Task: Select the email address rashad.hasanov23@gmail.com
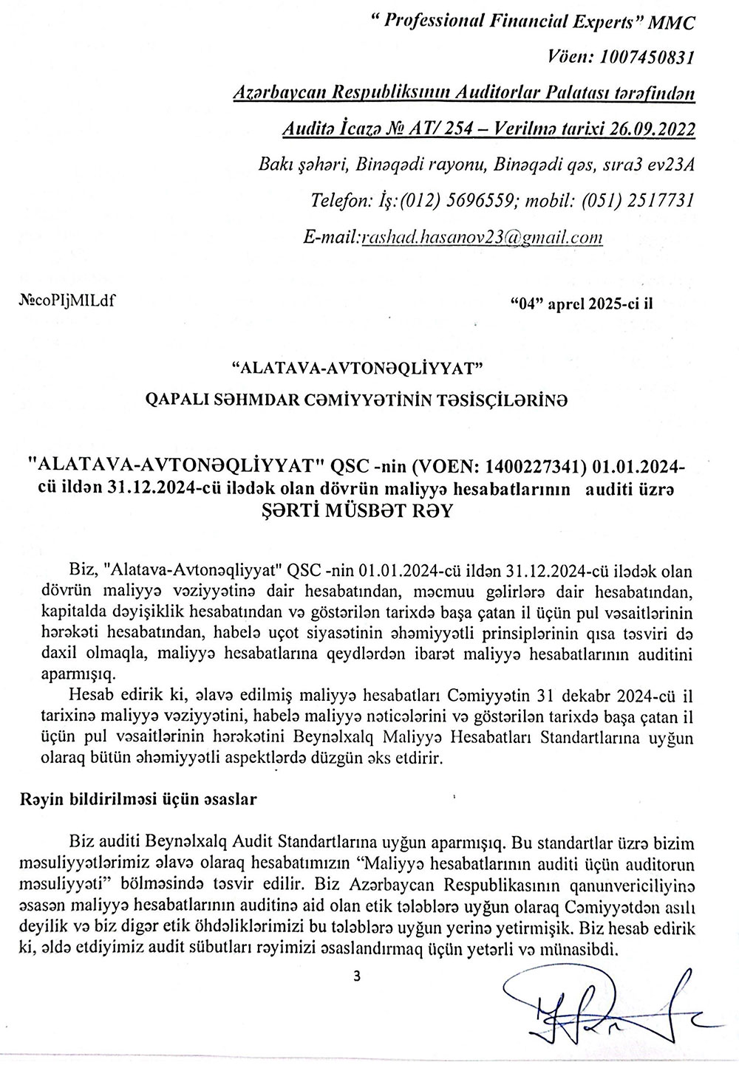(x=481, y=237)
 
